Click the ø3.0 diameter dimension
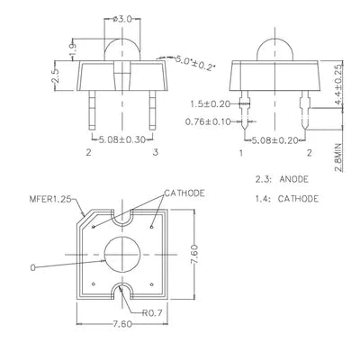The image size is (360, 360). (x=122, y=20)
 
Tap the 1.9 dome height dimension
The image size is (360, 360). (x=73, y=49)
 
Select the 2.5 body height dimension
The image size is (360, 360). (x=55, y=76)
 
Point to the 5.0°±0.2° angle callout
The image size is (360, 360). (x=194, y=63)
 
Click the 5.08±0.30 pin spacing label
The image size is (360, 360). (x=121, y=139)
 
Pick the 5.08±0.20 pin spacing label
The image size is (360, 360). (x=274, y=140)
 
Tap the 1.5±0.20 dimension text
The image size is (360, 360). (x=210, y=104)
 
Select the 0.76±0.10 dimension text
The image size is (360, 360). (x=208, y=121)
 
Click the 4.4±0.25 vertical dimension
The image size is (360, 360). (x=338, y=85)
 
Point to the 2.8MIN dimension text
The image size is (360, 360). (x=338, y=157)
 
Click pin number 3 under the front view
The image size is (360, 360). (x=155, y=152)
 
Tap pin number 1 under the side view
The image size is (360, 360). (x=241, y=153)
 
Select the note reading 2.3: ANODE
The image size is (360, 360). (x=282, y=179)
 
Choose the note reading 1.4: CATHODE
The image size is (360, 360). (x=287, y=199)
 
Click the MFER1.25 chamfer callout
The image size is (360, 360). (x=51, y=199)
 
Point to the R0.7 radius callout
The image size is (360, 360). (x=152, y=313)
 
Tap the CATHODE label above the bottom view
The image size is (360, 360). (x=184, y=193)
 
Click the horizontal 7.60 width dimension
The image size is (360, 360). (x=122, y=324)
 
